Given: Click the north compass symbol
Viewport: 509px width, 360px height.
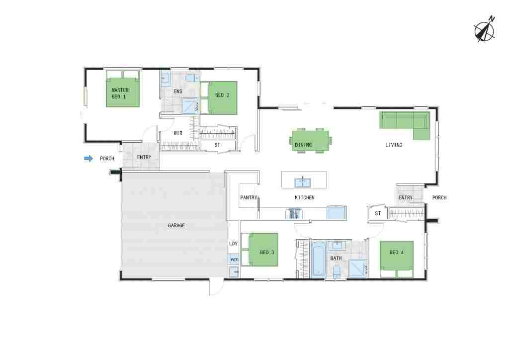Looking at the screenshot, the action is point(484,31).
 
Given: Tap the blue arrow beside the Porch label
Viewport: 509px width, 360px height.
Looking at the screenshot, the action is point(88,159).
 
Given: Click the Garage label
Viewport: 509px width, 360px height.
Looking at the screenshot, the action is point(176,225).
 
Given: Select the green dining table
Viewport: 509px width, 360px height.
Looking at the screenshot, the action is point(310,141).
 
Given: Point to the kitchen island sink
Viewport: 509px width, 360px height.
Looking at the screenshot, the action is point(303,182).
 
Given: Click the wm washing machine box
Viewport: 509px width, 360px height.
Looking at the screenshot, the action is point(234,260).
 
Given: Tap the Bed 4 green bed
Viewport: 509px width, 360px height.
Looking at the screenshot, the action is point(397,260).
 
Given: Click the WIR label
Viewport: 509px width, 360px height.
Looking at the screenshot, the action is point(178,133).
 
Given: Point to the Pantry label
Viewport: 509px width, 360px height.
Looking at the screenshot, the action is point(249,197).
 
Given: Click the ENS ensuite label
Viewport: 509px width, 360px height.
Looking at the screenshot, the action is point(178,91).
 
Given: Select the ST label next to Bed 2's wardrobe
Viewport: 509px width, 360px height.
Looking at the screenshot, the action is point(217,145).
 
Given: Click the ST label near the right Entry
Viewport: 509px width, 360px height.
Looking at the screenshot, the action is point(378,213).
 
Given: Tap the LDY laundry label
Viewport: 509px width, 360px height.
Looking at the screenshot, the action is point(234,244).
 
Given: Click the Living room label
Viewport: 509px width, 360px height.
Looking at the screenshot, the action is point(394,145).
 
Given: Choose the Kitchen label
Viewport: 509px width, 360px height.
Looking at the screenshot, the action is point(305,197).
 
